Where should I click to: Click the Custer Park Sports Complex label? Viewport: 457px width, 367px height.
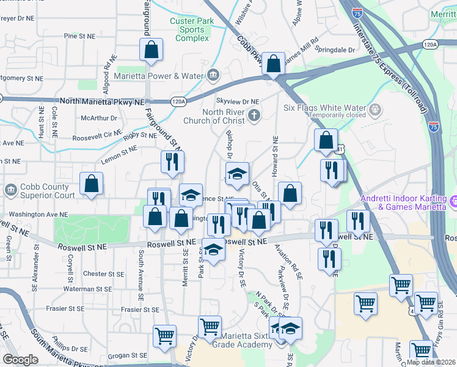point(191,29)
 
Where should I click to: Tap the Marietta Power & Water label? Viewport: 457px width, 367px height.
point(158,76)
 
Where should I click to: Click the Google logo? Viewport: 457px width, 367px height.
point(20,360)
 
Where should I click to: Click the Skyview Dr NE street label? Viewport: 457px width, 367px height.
point(238,102)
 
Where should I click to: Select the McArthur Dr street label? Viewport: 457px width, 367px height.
point(98,118)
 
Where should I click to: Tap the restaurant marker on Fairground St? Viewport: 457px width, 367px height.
point(172,162)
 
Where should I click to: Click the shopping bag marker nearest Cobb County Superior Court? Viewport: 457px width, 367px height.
point(91,184)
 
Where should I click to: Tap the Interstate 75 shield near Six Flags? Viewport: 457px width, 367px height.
point(433,126)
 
